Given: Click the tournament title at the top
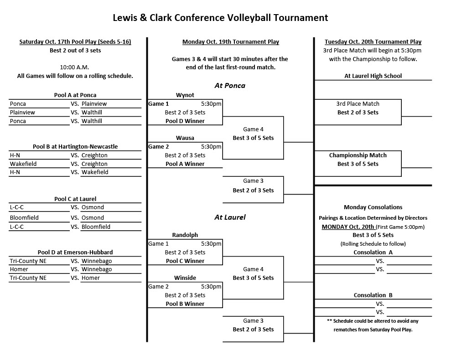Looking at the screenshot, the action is click(x=220, y=18).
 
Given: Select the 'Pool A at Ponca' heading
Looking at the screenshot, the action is click(x=75, y=95).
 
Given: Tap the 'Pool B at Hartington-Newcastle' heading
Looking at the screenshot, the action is click(x=75, y=146).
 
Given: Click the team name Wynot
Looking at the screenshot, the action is click(x=185, y=95).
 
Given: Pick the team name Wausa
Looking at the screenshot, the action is click(x=185, y=138).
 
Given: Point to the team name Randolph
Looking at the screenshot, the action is click(x=185, y=235).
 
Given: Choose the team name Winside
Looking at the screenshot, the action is click(x=185, y=278).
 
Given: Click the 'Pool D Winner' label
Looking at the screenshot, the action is click(x=185, y=121).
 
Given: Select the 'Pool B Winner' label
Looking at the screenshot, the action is click(x=185, y=304).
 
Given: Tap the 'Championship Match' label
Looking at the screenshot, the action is click(x=358, y=155).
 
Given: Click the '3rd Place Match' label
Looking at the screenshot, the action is click(x=358, y=103).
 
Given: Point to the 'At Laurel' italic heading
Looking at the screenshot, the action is click(x=230, y=217).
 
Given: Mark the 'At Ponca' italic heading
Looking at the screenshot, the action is click(x=230, y=85).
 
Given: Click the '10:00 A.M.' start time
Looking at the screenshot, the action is click(x=74, y=67).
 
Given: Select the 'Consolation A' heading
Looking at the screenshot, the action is click(x=373, y=252).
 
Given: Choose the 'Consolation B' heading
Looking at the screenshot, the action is click(x=373, y=295).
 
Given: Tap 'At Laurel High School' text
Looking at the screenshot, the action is click(x=373, y=76).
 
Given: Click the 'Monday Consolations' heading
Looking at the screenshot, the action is click(x=373, y=207).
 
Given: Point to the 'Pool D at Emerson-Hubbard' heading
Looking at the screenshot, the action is click(x=75, y=252).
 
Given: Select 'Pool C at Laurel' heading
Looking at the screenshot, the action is click(x=75, y=199).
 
